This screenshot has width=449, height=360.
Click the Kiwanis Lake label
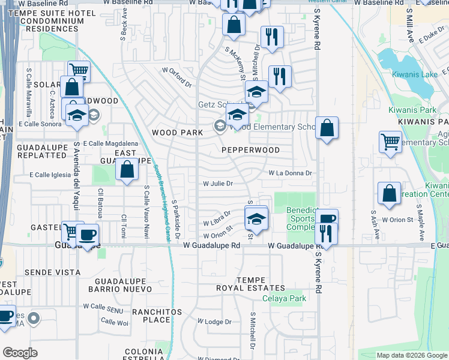point(415,74)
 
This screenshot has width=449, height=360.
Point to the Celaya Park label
point(288,298)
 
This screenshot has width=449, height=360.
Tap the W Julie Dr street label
point(218,184)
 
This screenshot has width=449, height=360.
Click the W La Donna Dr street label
point(291,173)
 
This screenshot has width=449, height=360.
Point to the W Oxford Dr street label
point(176,76)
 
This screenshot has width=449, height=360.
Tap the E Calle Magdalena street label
point(110,143)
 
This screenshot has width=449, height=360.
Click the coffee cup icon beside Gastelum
point(87,234)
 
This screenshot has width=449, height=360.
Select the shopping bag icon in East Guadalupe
point(127,170)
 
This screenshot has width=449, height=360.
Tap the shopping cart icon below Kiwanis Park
point(390,142)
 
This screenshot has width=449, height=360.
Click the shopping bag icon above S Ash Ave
point(389,193)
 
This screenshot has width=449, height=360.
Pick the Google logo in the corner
point(20,353)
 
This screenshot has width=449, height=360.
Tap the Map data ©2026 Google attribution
point(412,355)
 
